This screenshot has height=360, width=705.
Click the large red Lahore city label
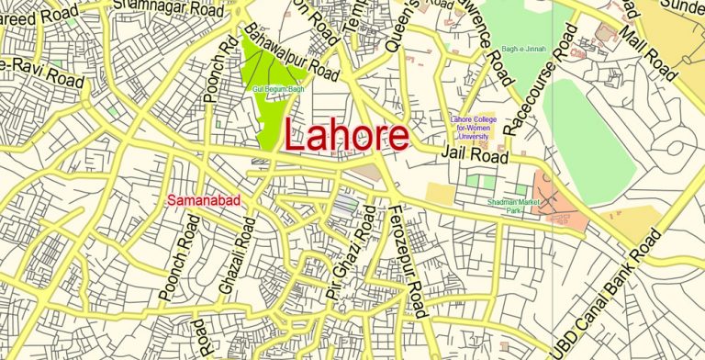(346, 136)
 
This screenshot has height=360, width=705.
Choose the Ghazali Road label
(229, 266)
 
